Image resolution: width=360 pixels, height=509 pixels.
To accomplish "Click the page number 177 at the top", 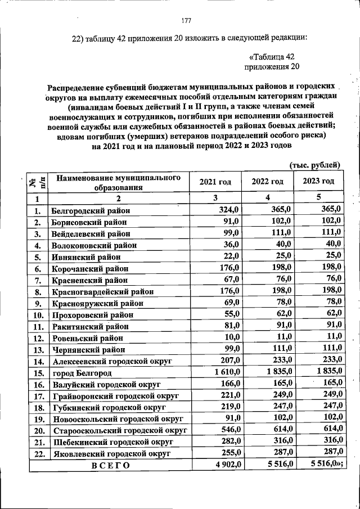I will pos(186,21).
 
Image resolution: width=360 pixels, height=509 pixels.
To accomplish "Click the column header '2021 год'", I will pos(215,181).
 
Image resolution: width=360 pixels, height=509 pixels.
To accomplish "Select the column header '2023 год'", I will pos(318,181).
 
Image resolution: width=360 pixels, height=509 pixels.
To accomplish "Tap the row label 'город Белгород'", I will pos(82,373).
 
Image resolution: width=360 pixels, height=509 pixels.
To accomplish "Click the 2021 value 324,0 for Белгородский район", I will pos(230,210).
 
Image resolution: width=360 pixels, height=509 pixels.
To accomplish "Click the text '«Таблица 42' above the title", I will pos(272,57).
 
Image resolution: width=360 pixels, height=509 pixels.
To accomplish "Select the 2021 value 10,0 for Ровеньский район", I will pos(232,337).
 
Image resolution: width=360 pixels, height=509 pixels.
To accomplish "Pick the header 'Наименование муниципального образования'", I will pos(118,182).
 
